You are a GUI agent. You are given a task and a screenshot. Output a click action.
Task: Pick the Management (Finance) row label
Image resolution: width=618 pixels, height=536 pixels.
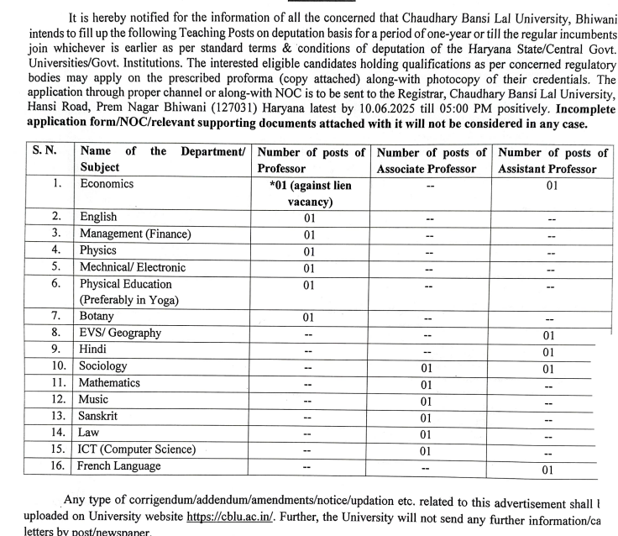[135, 234]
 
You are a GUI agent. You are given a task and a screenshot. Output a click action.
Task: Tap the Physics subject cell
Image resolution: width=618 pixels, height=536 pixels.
[97, 250]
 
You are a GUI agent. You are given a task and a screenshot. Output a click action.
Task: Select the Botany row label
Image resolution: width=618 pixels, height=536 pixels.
[97, 317]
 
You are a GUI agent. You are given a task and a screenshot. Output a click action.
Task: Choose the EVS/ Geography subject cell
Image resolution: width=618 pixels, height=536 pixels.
[119, 334]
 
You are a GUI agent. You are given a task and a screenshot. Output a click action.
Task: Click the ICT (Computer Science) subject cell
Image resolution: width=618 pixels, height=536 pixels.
[137, 449]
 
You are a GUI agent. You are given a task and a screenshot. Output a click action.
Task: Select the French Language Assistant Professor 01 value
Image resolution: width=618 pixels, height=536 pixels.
[548, 470]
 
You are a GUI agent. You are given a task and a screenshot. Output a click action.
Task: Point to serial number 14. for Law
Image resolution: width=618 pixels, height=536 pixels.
[57, 433]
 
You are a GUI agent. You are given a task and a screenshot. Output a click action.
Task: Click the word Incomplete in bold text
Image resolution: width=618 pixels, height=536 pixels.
[568, 110]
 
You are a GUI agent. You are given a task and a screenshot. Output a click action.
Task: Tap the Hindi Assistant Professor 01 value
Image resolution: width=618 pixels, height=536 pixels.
[548, 351]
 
